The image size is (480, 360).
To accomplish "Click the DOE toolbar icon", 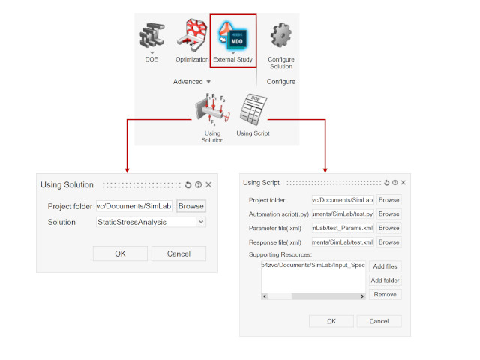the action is point(151,35).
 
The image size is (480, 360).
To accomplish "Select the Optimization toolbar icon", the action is point(192,35).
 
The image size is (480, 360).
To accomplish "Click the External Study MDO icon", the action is point(232,35).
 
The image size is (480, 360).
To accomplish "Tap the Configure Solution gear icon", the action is point(281,35).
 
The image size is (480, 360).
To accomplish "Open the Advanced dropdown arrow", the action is point(208,82).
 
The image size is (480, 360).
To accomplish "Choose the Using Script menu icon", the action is point(253,109).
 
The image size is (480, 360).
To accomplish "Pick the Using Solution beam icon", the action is point(212,109).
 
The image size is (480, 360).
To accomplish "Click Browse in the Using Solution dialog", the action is point(191,206).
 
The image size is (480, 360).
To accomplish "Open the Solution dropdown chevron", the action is point(201,222).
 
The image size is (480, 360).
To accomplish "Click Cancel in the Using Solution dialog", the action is point(178,253).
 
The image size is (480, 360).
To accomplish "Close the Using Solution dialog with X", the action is point(208,185).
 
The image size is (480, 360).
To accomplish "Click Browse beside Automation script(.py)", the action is point(388,214).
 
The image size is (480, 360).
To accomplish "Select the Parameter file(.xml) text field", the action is point(343,228).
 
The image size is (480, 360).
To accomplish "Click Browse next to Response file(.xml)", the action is point(388,242).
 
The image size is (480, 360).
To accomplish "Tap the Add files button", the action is point(385,266).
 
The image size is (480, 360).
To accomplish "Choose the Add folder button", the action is point(385,280).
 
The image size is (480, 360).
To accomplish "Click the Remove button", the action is point(385,295).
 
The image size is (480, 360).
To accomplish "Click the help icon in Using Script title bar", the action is point(395,183).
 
